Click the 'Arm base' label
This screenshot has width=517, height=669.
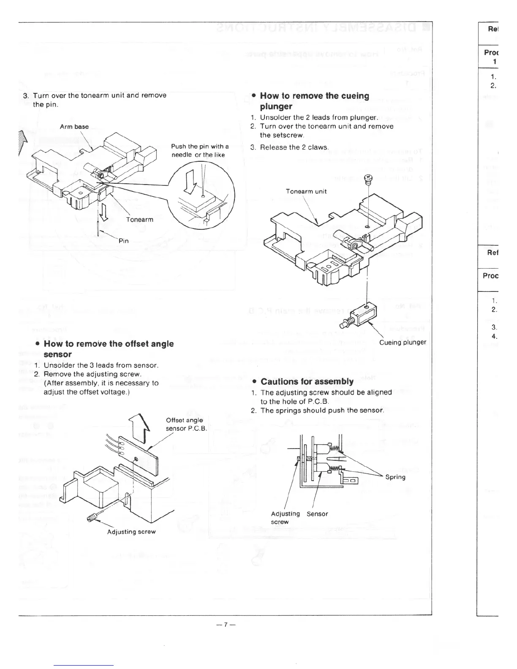click(74, 127)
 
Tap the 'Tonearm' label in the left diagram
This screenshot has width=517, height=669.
click(139, 220)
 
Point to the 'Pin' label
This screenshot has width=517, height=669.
click(123, 241)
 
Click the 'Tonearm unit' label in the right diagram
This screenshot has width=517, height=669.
click(306, 191)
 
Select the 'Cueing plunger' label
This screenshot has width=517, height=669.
click(403, 342)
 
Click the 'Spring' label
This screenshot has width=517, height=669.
click(395, 477)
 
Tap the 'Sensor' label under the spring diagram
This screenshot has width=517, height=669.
click(317, 514)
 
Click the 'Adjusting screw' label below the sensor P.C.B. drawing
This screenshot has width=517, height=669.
click(131, 532)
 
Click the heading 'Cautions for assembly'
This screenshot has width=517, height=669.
click(307, 381)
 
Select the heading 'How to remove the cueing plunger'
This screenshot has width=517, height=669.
click(314, 101)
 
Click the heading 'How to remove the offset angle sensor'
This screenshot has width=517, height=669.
click(109, 349)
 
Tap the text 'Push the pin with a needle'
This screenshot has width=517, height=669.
click(199, 150)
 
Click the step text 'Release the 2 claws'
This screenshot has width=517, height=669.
click(294, 147)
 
